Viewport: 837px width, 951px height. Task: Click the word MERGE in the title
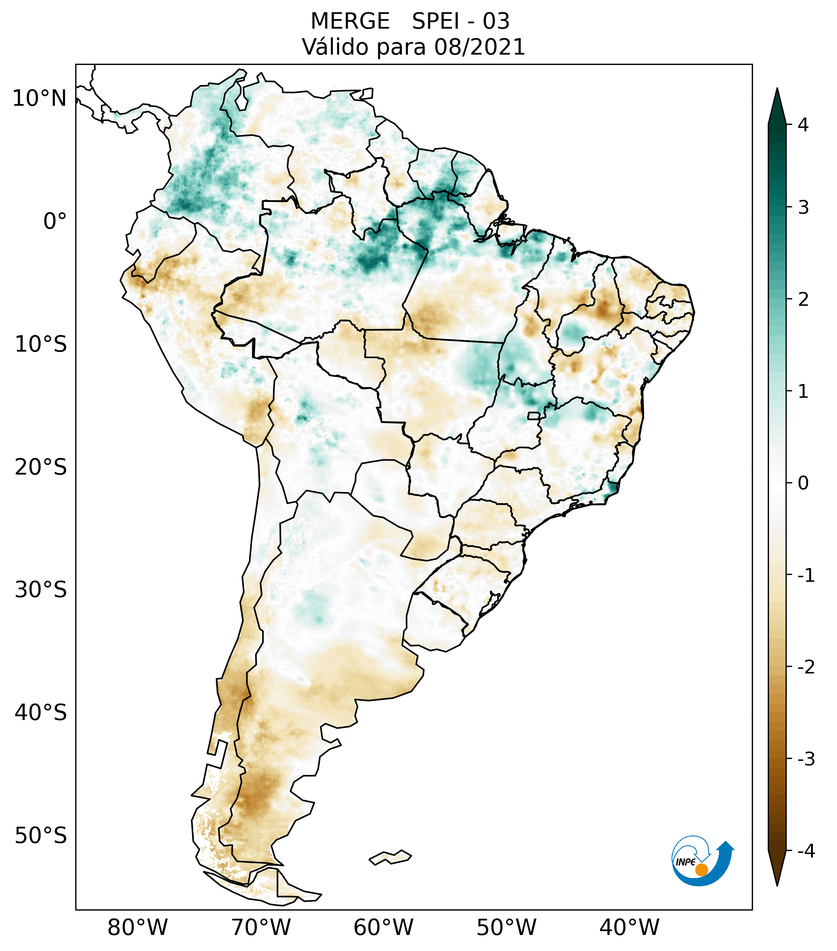pyautogui.click(x=350, y=21)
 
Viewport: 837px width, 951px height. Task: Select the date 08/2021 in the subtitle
pyautogui.click(x=479, y=47)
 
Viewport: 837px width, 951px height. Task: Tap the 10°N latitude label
pyautogui.click(x=40, y=98)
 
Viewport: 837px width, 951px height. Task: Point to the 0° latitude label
pyautogui.click(x=55, y=221)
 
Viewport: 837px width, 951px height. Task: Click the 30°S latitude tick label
pyautogui.click(x=41, y=590)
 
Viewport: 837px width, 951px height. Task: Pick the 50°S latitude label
pyautogui.click(x=41, y=836)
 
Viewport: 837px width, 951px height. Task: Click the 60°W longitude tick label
pyautogui.click(x=383, y=927)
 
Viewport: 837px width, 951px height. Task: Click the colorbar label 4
pyautogui.click(x=803, y=125)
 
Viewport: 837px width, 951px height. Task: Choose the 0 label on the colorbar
pyautogui.click(x=803, y=483)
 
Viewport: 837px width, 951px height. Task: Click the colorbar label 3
pyautogui.click(x=803, y=208)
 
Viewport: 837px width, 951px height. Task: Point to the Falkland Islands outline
pyautogui.click(x=390, y=857)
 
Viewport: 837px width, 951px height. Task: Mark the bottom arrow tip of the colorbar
pyautogui.click(x=777, y=885)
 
